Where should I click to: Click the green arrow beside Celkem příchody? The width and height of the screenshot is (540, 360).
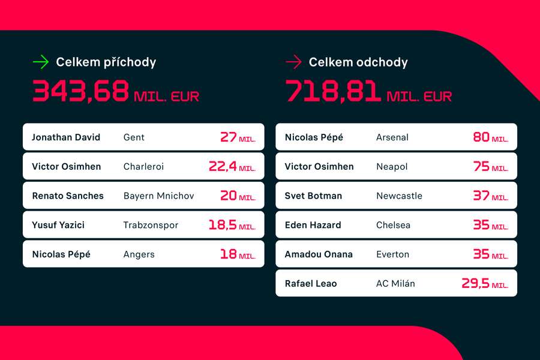[x=40, y=62]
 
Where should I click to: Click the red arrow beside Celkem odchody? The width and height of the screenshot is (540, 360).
[x=293, y=62]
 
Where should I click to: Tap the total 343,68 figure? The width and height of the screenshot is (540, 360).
[x=81, y=91]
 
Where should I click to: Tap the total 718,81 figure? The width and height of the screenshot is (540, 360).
[x=334, y=91]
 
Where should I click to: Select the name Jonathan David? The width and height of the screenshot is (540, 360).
[x=66, y=137]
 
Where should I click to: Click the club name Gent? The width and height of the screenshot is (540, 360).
[x=134, y=137]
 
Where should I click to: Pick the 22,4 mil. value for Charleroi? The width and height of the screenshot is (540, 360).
[x=232, y=166]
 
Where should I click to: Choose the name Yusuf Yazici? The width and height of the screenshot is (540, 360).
[x=58, y=225]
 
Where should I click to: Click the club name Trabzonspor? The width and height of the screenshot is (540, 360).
[x=151, y=225]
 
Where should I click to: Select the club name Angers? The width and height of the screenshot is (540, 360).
[x=139, y=254]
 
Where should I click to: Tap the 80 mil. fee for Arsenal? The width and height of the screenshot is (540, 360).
[x=490, y=137]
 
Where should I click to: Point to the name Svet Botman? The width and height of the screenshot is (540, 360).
[x=313, y=196]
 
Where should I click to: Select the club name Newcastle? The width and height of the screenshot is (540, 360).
[x=399, y=196]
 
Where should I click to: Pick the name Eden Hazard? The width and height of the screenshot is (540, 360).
[x=313, y=225]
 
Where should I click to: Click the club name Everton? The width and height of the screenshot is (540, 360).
[x=392, y=254]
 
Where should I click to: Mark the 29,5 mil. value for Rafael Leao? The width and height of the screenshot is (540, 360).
[x=484, y=283]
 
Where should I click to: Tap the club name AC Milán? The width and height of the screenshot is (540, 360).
[x=395, y=283]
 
